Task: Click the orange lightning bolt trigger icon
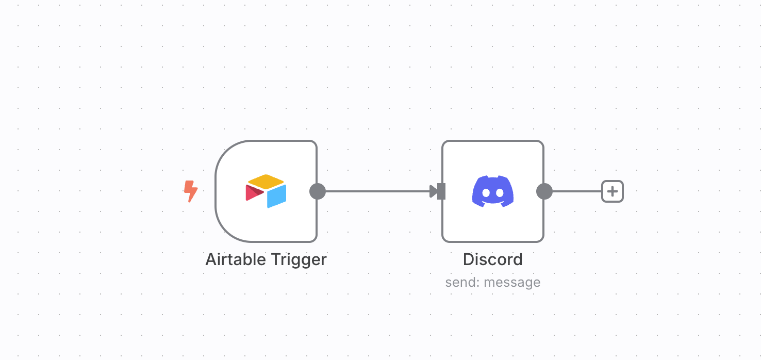pyautogui.click(x=191, y=191)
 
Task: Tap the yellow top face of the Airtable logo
pyautogui.click(x=266, y=182)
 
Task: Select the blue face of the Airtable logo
pyautogui.click(x=277, y=196)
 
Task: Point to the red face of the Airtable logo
pyautogui.click(x=253, y=193)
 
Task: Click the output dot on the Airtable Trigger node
pyautogui.click(x=318, y=191)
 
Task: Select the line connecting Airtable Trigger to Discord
pyautogui.click(x=376, y=191)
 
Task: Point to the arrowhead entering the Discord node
pyautogui.click(x=434, y=191)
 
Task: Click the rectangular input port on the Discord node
pyautogui.click(x=441, y=191)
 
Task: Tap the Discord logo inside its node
pyautogui.click(x=493, y=191)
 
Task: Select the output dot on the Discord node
pyautogui.click(x=544, y=191)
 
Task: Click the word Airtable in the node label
pyautogui.click(x=235, y=259)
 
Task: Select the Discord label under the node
pyautogui.click(x=493, y=259)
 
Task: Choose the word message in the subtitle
pyautogui.click(x=512, y=282)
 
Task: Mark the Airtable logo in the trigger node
pyautogui.click(x=266, y=191)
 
